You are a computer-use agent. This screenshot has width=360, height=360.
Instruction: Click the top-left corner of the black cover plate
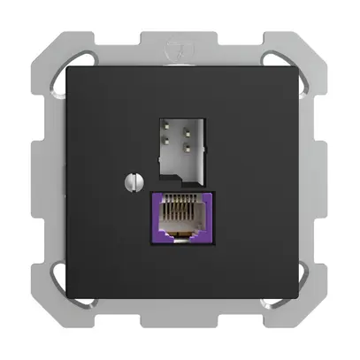click(64, 65)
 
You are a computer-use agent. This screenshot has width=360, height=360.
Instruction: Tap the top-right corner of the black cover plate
click(296, 65)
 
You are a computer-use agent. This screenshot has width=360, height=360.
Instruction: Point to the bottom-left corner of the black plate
click(64, 298)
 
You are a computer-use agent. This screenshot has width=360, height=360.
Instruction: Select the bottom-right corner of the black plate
click(296, 298)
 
